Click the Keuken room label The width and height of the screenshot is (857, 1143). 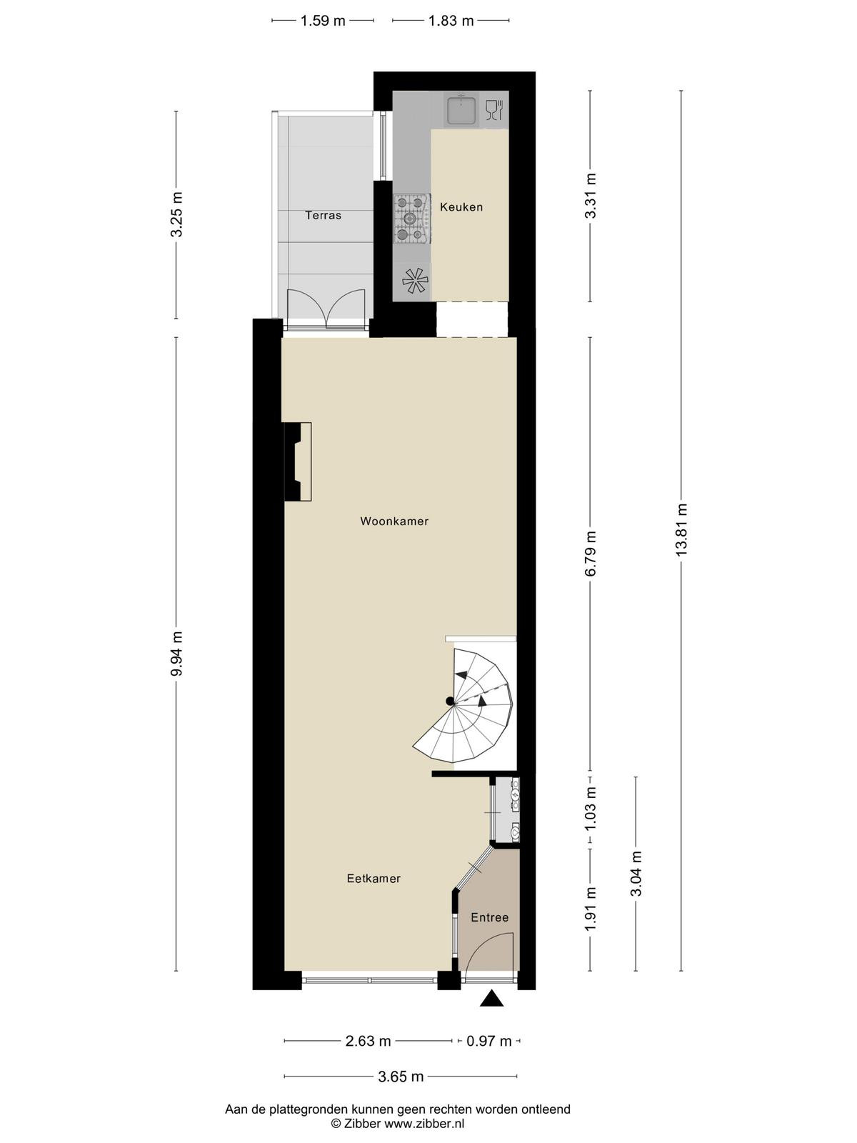point(461,206)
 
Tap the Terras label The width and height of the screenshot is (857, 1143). point(323,215)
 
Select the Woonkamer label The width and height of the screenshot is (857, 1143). point(394,521)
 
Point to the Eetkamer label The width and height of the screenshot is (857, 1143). point(374,879)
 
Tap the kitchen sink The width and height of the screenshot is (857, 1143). point(461,109)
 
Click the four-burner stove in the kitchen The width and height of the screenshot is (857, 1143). point(412,219)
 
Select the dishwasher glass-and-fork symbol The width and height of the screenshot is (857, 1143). point(494,109)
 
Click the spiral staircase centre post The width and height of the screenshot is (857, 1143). point(450,701)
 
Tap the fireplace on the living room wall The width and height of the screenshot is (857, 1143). point(298,462)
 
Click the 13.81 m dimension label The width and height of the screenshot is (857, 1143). point(681,529)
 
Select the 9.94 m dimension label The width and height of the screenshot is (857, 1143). point(176,654)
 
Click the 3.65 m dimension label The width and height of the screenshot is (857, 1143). point(401,1077)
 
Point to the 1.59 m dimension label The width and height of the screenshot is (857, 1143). point(323,21)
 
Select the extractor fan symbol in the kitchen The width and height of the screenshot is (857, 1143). point(415,281)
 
